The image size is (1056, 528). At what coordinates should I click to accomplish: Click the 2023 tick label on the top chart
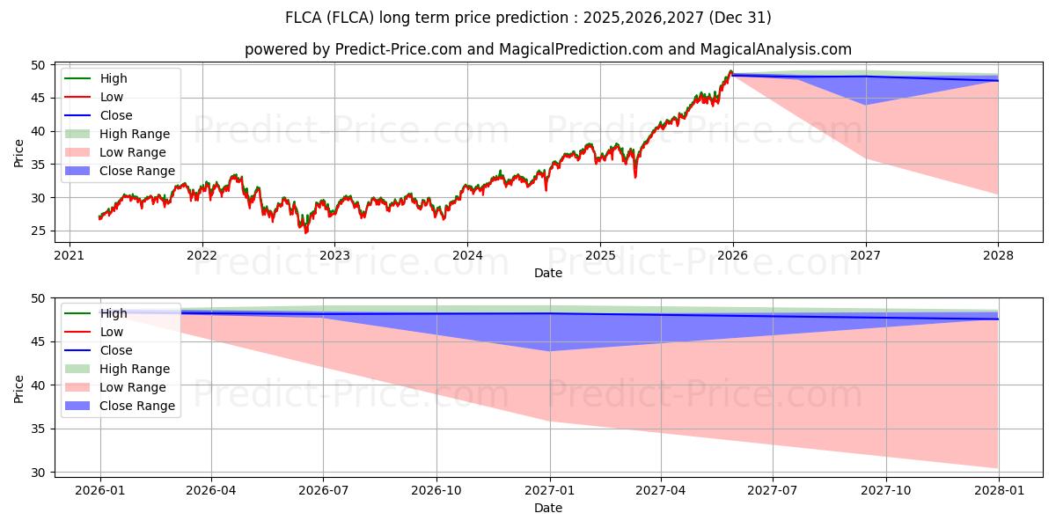[x=334, y=255]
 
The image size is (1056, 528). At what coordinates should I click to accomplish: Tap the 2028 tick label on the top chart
[x=999, y=255]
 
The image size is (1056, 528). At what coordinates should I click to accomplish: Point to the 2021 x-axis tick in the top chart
[x=69, y=255]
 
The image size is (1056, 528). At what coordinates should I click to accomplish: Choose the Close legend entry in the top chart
[x=116, y=115]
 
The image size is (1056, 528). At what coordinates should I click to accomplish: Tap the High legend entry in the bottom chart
[x=114, y=313]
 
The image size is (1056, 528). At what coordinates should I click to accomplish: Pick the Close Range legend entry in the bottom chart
[x=136, y=406]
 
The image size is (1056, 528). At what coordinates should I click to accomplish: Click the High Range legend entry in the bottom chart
[x=135, y=369]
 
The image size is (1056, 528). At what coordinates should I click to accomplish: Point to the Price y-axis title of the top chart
[x=18, y=151]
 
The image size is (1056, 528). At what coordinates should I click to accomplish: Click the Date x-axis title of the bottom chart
[x=547, y=508]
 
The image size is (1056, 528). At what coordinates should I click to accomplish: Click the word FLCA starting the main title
[x=304, y=18]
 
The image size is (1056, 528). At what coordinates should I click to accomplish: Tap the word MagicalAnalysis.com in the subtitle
[x=775, y=49]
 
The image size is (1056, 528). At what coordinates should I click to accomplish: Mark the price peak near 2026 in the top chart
[x=730, y=71]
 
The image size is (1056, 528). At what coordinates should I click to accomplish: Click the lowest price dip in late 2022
[x=305, y=232]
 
